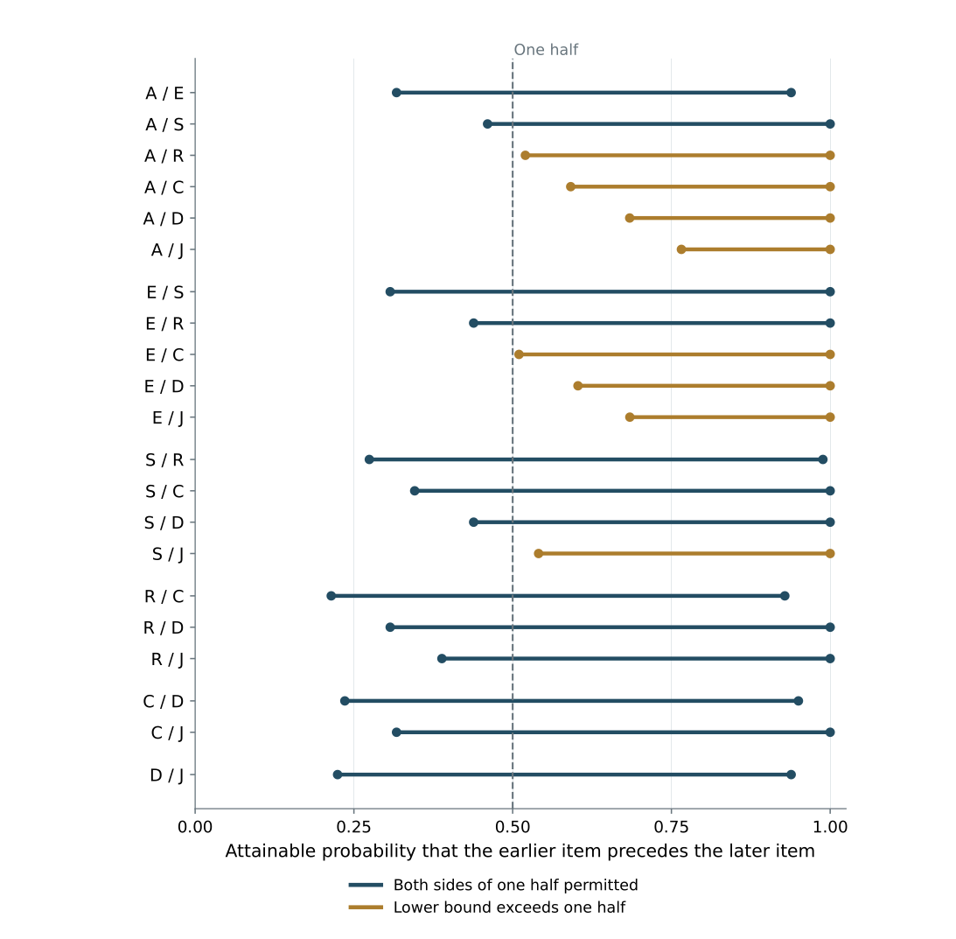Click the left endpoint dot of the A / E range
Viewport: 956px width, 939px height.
396,93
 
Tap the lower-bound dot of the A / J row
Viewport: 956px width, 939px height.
681,249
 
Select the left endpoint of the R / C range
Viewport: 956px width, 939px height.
331,596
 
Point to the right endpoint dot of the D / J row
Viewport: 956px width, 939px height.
791,774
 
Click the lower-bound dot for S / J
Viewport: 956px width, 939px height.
539,554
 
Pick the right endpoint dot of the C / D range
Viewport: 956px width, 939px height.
798,701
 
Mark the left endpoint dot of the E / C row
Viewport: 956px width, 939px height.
519,354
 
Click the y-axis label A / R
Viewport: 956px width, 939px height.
164,156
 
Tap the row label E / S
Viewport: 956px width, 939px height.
164,292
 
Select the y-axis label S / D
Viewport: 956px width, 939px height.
164,523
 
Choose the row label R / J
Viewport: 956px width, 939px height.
167,660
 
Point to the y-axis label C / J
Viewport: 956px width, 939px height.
167,732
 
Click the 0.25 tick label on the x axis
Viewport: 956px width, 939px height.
353,827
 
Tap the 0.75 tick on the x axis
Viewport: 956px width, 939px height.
671,827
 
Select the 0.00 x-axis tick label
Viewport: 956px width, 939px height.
195,827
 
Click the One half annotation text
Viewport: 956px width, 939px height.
546,50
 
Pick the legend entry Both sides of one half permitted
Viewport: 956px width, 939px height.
493,886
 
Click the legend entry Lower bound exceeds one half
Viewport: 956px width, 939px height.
487,907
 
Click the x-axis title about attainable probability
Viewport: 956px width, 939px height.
520,851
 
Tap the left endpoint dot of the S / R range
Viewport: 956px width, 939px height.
369,459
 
